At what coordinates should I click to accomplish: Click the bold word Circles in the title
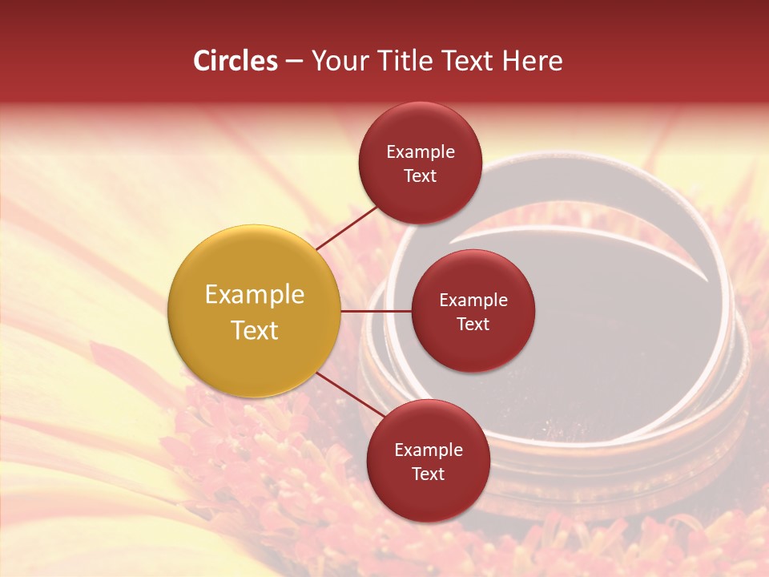236,61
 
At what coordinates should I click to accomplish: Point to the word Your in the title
340,61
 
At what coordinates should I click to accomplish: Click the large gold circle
255,311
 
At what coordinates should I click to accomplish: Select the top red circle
420,163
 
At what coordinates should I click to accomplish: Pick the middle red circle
473,311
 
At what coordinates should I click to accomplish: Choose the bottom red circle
428,461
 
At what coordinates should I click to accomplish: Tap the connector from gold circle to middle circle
376,311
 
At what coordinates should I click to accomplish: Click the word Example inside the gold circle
255,295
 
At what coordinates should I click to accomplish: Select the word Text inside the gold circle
255,330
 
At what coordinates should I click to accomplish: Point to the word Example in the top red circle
421,152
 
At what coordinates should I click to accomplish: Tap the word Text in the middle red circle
473,324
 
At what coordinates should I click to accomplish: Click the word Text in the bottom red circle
428,474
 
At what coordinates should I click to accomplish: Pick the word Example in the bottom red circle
429,450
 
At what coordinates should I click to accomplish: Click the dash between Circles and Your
293,61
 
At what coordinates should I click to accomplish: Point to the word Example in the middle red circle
473,301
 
